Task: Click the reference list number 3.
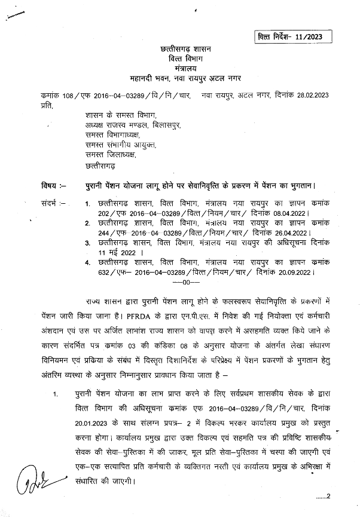click(87, 243)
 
